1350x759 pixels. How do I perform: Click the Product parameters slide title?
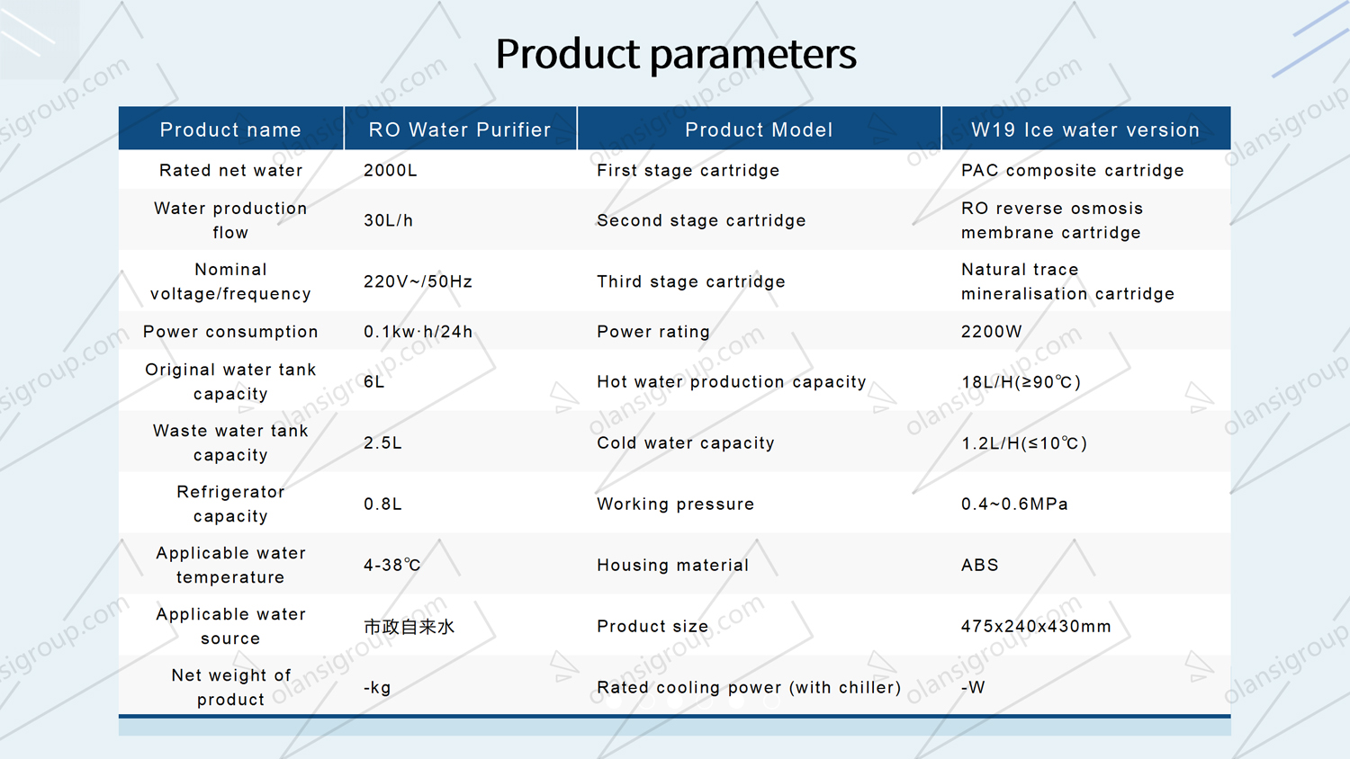(x=675, y=54)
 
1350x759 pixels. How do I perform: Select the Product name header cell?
(x=230, y=129)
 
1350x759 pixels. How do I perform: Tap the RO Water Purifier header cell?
(x=459, y=129)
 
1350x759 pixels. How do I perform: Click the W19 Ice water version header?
(x=1084, y=129)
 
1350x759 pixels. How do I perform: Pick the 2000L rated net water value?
(x=390, y=170)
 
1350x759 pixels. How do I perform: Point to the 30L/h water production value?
(x=388, y=220)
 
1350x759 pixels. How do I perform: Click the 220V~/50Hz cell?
(x=418, y=281)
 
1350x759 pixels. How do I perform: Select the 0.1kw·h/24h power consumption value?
(x=418, y=332)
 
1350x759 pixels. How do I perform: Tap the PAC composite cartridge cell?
(x=1072, y=170)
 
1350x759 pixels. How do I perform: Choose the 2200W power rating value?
(x=991, y=332)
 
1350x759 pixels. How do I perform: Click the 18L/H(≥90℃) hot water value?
(x=1021, y=382)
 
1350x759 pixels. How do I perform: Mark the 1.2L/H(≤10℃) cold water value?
(x=1023, y=443)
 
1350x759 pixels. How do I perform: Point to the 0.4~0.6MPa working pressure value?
(x=1014, y=505)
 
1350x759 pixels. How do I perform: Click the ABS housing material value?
(x=979, y=566)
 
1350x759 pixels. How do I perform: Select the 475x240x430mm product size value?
(x=1035, y=627)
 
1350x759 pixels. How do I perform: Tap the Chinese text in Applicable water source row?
(x=409, y=627)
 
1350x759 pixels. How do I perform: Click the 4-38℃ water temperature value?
(x=391, y=566)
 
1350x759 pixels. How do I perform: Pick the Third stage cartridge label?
(x=690, y=281)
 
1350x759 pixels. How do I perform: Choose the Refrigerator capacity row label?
(x=230, y=504)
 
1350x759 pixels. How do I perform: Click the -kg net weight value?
(x=377, y=688)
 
